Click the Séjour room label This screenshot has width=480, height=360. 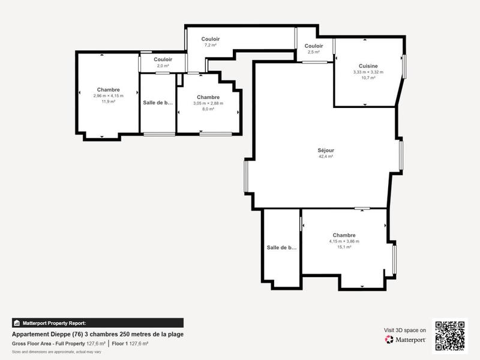326,150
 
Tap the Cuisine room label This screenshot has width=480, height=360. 368,66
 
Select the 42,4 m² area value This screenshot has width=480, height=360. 326,157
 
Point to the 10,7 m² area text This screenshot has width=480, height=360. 368,78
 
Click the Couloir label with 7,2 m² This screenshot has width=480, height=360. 210,39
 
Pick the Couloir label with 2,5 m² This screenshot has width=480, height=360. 314,46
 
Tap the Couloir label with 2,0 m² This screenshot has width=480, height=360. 163,59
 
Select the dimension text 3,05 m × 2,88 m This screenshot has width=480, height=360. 208,103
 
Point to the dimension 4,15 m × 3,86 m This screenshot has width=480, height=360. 344,241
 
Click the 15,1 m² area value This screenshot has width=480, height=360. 344,247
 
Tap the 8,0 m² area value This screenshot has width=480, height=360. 208,109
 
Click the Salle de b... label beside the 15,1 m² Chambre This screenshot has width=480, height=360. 281,247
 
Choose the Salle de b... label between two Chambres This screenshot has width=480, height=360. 158,102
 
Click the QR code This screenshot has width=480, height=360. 450,335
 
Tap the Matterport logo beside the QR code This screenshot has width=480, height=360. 406,340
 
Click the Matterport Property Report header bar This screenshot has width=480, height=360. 98,323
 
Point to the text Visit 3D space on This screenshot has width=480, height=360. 405,330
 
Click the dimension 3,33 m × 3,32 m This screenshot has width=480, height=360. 368,72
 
